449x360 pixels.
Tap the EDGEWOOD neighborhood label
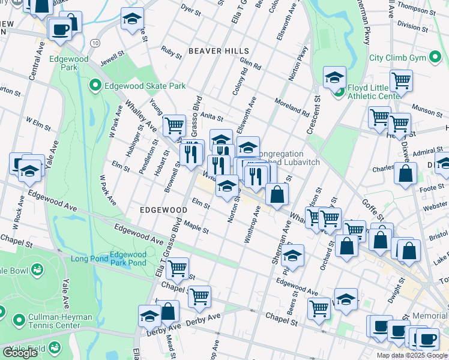tap(164, 210)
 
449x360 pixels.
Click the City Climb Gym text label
tap(405, 58)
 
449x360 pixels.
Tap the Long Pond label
tap(89, 259)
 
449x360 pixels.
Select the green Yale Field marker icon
tap(55, 347)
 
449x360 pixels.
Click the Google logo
tap(20, 353)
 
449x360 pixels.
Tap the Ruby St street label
tap(170, 52)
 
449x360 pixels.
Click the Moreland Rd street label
tap(292, 107)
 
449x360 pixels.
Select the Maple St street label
tap(196, 228)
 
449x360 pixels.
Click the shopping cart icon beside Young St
tap(174, 125)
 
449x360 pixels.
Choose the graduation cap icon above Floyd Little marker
tap(334, 76)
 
